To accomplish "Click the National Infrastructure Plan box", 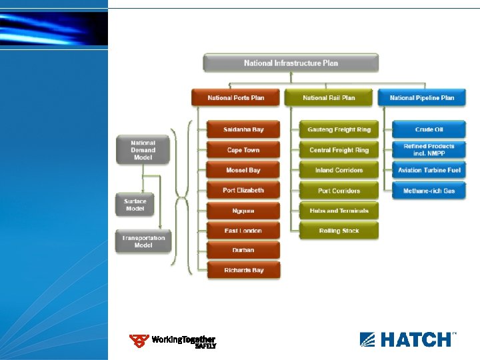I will (x=291, y=63).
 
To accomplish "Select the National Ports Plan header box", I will (x=236, y=98).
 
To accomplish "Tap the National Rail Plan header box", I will (x=329, y=98).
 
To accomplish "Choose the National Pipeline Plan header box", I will (x=422, y=98).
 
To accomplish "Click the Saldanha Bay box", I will (x=243, y=129).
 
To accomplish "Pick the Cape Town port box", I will (x=243, y=150).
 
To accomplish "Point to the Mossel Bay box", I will (x=243, y=170).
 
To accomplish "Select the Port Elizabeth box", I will (x=243, y=191).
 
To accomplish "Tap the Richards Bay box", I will (x=243, y=270).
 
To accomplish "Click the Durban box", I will (x=243, y=251).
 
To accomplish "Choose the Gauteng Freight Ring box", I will (x=339, y=129).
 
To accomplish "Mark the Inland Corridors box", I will (x=339, y=170).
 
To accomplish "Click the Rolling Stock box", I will (x=339, y=231).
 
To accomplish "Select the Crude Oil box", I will (x=429, y=129).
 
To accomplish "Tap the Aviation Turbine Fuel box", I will (x=429, y=170).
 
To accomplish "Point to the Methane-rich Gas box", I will (x=429, y=191).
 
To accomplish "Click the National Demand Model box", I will (x=143, y=150).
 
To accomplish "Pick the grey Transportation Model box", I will (x=143, y=241).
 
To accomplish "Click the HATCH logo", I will (x=408, y=339).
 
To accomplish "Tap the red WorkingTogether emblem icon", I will (x=139, y=341).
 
